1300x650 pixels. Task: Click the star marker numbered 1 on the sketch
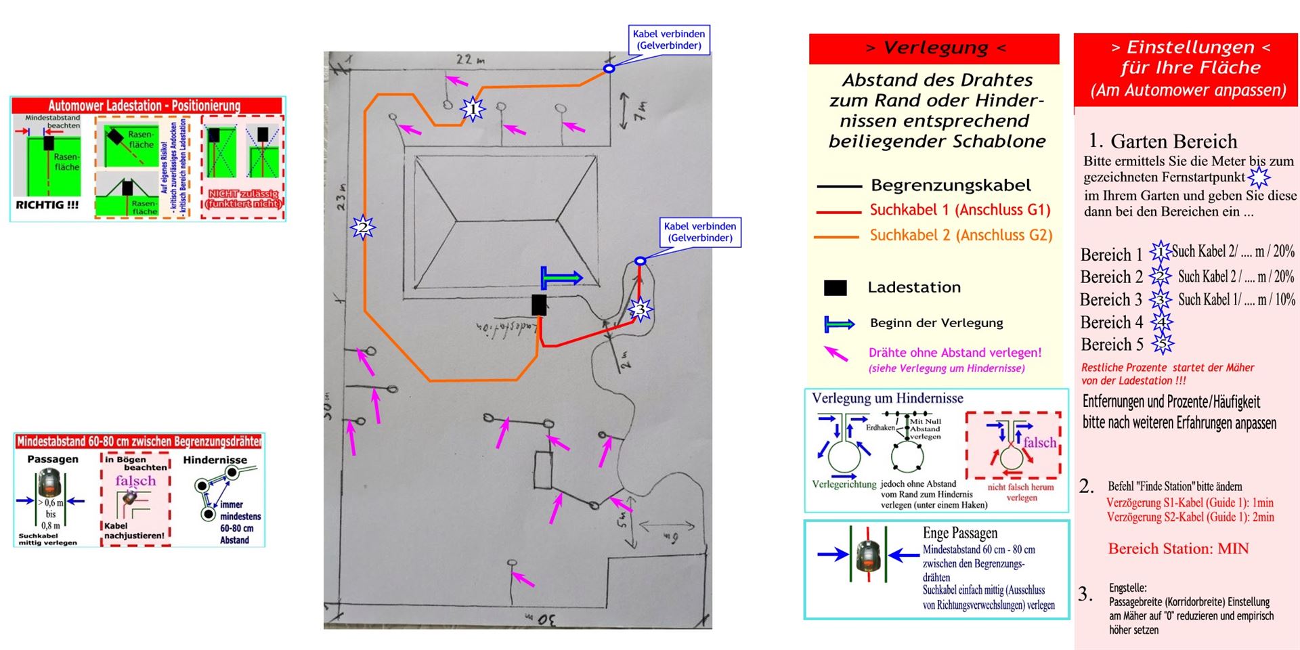pos(473,108)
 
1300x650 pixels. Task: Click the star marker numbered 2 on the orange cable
pos(362,227)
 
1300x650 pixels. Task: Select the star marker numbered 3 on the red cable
pos(640,310)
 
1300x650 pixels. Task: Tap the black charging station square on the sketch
pos(539,305)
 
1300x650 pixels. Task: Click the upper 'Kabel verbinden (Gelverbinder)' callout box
pos(668,39)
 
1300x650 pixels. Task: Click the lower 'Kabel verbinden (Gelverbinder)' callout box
pos(699,232)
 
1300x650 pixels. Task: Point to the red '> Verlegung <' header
pos(934,48)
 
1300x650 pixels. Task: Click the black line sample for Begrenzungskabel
pos(839,186)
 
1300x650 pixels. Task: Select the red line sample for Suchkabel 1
pos(839,212)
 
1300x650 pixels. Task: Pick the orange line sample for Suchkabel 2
pos(839,237)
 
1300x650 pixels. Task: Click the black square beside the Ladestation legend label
pos(835,288)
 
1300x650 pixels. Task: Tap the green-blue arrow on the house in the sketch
pos(561,278)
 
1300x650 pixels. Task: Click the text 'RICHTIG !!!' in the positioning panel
pos(47,204)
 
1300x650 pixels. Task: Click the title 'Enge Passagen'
pos(959,533)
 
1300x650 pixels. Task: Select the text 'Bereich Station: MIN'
pos(1178,548)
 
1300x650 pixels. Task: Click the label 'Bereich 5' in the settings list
pos(1112,345)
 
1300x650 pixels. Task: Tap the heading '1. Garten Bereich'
pos(1163,141)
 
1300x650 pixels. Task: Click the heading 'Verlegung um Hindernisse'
pos(887,398)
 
